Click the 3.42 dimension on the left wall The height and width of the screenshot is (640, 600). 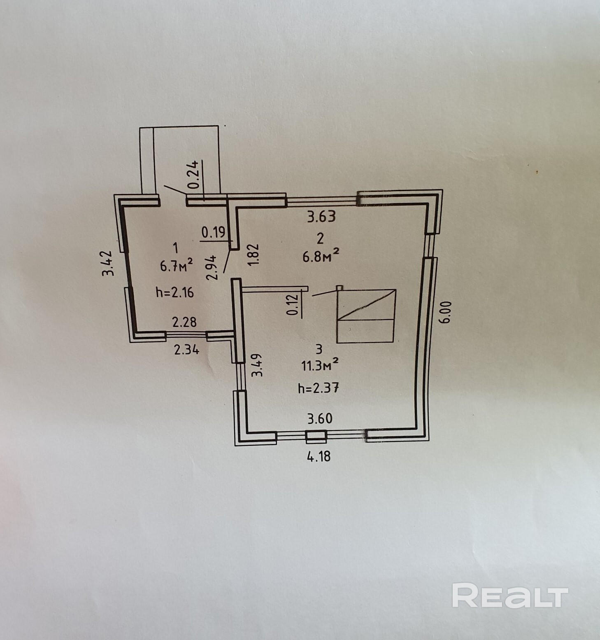[x=108, y=264]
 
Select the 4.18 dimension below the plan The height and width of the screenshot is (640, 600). [x=319, y=456]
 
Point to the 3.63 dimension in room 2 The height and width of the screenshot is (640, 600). [x=321, y=217]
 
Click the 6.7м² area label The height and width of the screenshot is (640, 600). [x=177, y=266]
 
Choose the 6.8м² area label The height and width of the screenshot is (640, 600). [x=321, y=256]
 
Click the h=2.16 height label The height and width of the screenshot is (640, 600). [x=175, y=292]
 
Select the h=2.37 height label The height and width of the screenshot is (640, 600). [x=319, y=388]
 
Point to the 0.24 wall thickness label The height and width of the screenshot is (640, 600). [x=194, y=174]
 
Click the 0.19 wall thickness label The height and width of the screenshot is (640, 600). [x=213, y=233]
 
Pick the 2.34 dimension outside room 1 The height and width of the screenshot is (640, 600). [x=187, y=350]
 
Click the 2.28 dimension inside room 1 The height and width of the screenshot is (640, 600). [x=184, y=322]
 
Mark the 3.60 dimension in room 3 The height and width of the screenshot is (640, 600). [x=320, y=419]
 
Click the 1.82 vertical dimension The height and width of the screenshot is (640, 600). [x=253, y=255]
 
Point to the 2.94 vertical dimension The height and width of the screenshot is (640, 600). [x=212, y=268]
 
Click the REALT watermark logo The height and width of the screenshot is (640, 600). [x=510, y=595]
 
